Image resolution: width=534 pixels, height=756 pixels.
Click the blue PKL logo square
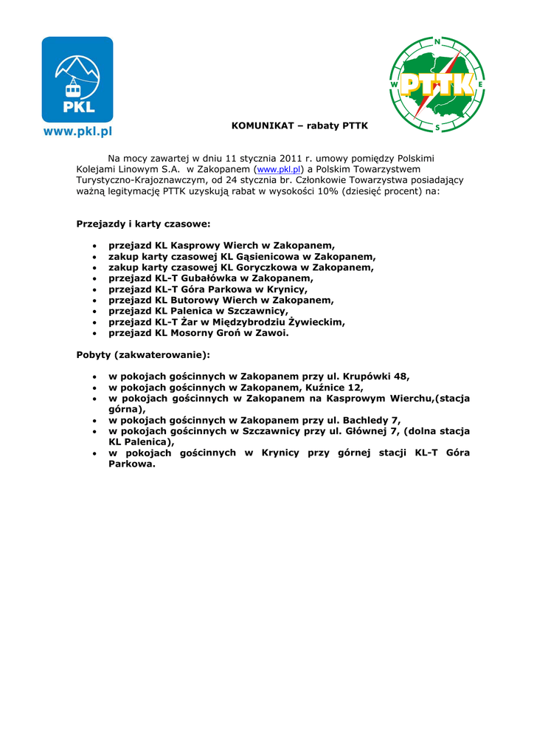[77, 79]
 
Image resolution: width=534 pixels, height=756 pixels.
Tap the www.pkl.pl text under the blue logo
[77, 132]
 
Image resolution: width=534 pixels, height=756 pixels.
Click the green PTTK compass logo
[437, 84]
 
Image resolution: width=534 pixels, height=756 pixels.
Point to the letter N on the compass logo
[437, 42]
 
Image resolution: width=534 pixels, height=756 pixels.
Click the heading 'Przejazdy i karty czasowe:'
[143, 223]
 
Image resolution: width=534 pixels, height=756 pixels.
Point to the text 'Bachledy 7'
[371, 420]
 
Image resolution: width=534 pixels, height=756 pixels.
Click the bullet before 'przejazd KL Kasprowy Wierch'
[94, 246]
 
